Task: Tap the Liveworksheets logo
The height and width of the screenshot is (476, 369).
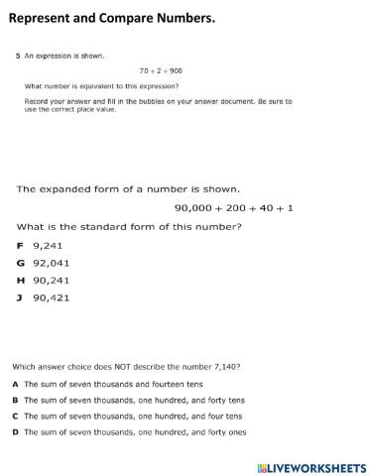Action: pos(311,466)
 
